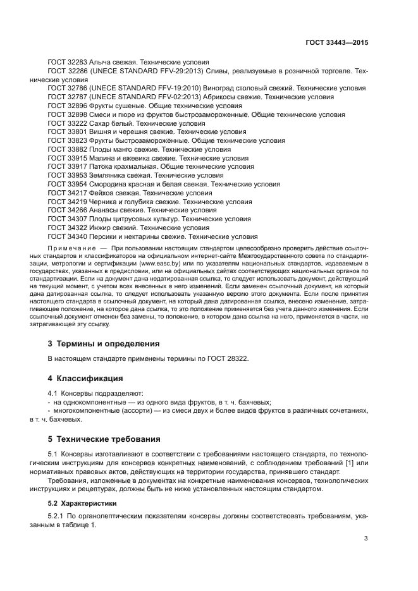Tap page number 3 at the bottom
tap(366, 539)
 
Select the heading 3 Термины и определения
tap(103, 344)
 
